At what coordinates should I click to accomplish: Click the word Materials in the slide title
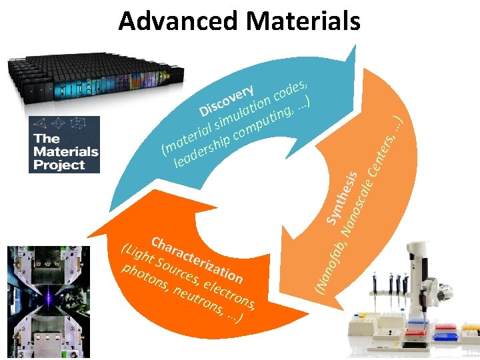point(303,21)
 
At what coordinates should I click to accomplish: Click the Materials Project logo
point(64,144)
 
